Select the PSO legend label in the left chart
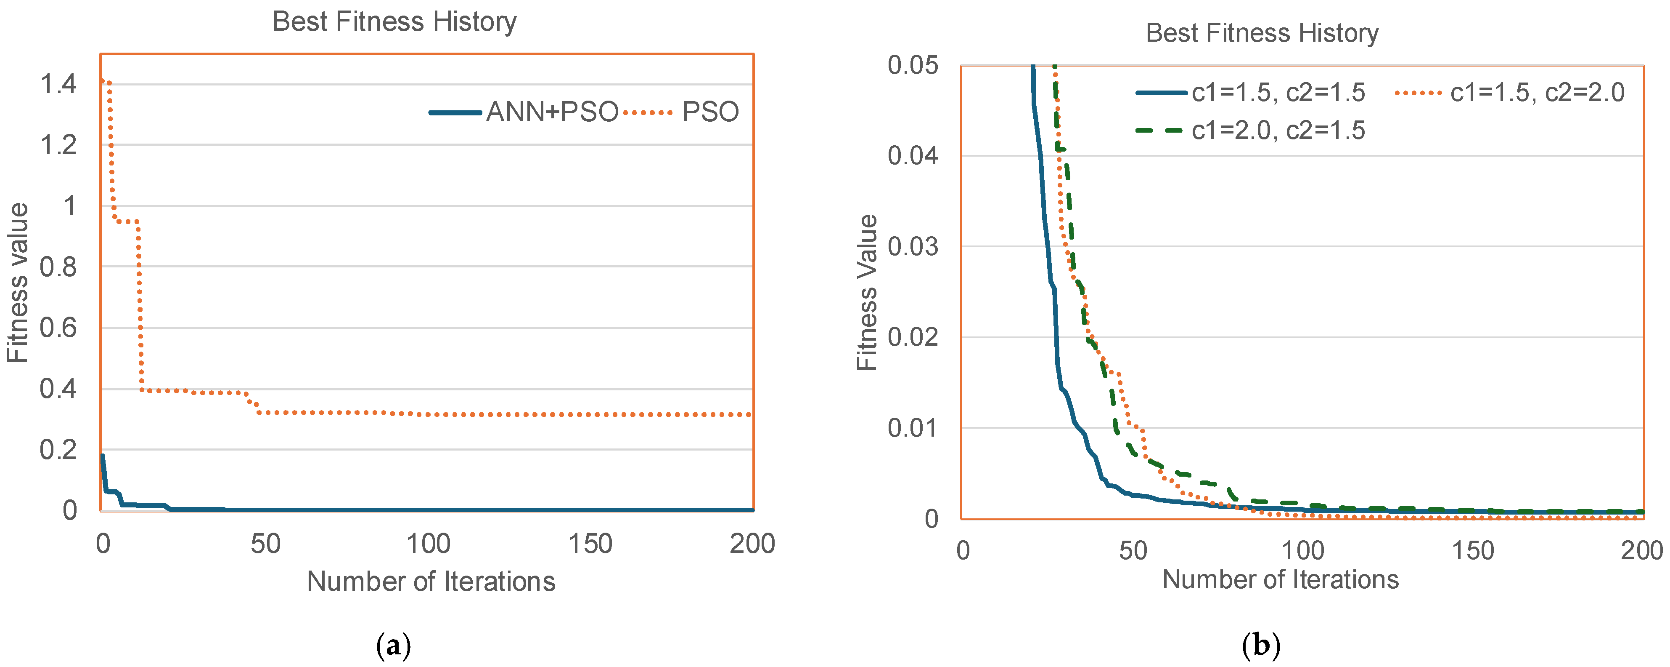pyautogui.click(x=710, y=112)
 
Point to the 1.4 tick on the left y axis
pyautogui.click(x=58, y=84)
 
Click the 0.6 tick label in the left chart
pyautogui.click(x=58, y=328)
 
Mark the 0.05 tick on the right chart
pyautogui.click(x=913, y=66)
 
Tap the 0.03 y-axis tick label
pyautogui.click(x=913, y=247)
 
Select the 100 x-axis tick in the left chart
pyautogui.click(x=428, y=544)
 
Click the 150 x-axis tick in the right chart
pyautogui.click(x=1473, y=551)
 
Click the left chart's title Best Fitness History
pyautogui.click(x=394, y=21)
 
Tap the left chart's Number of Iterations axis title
pyautogui.click(x=431, y=582)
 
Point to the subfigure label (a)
pyautogui.click(x=394, y=646)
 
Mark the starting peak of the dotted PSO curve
pyautogui.click(x=104, y=81)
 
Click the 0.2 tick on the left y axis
pyautogui.click(x=58, y=450)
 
